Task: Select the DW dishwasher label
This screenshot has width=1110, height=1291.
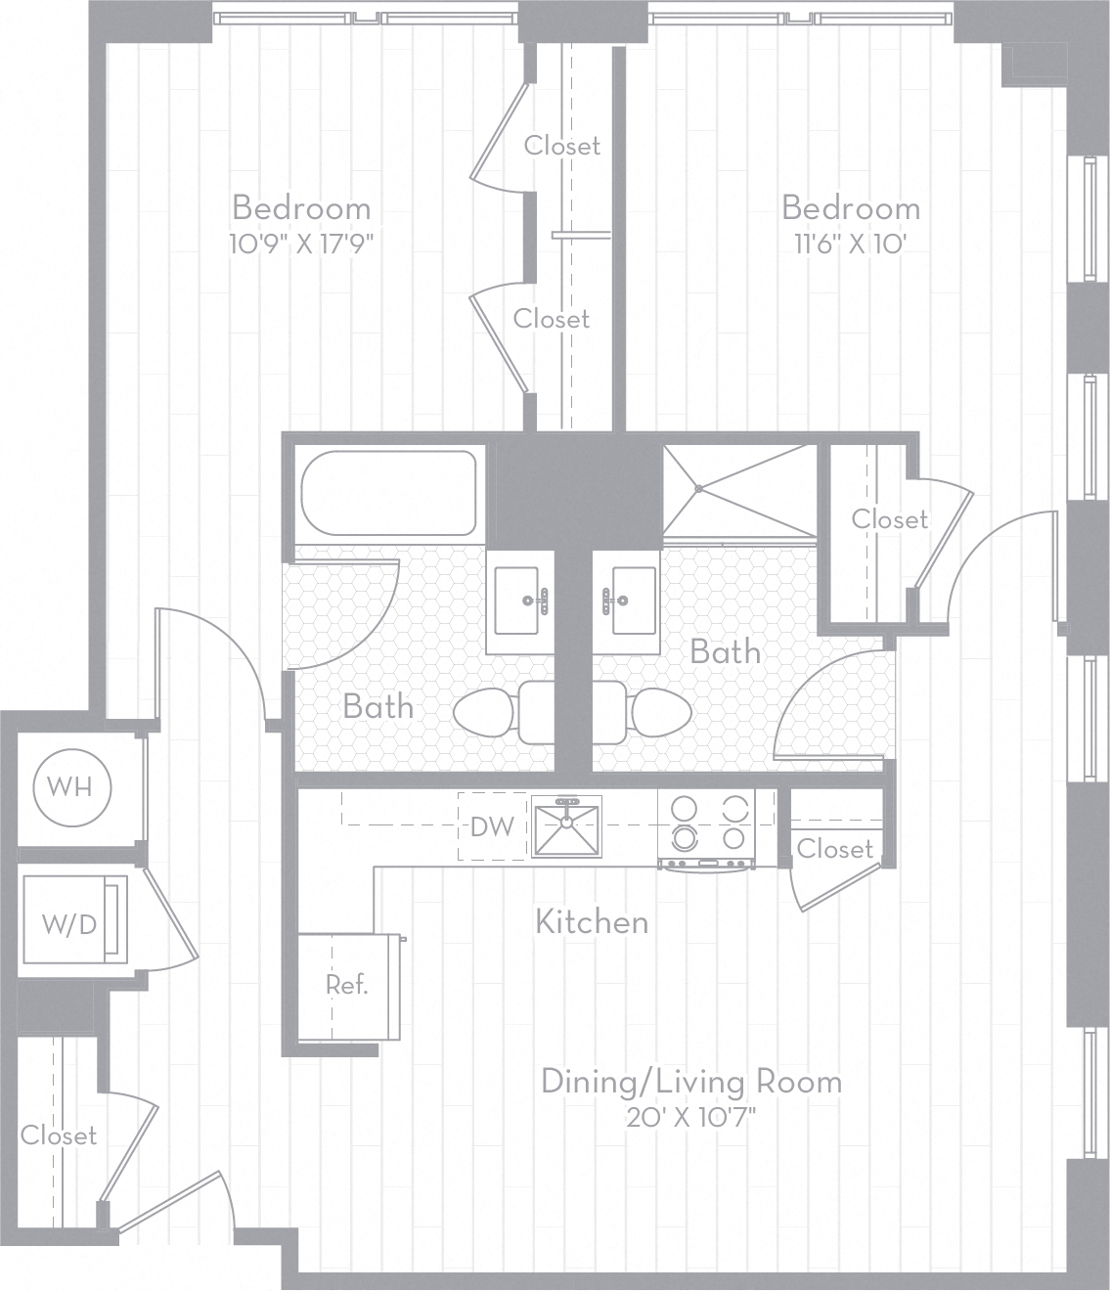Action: point(492,827)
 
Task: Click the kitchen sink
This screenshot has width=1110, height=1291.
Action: point(567,827)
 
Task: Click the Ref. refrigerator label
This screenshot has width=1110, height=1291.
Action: point(347,985)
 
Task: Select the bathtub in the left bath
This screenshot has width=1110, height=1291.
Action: point(388,492)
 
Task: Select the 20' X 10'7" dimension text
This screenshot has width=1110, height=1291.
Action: point(691,1117)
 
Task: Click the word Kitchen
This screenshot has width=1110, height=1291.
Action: point(592,921)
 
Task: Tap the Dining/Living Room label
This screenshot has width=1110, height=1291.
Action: point(691,1082)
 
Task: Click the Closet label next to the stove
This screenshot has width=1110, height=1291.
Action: point(834,848)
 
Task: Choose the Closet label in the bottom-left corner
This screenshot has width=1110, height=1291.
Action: point(59,1135)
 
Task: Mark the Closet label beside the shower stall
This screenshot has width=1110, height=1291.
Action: point(889,518)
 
